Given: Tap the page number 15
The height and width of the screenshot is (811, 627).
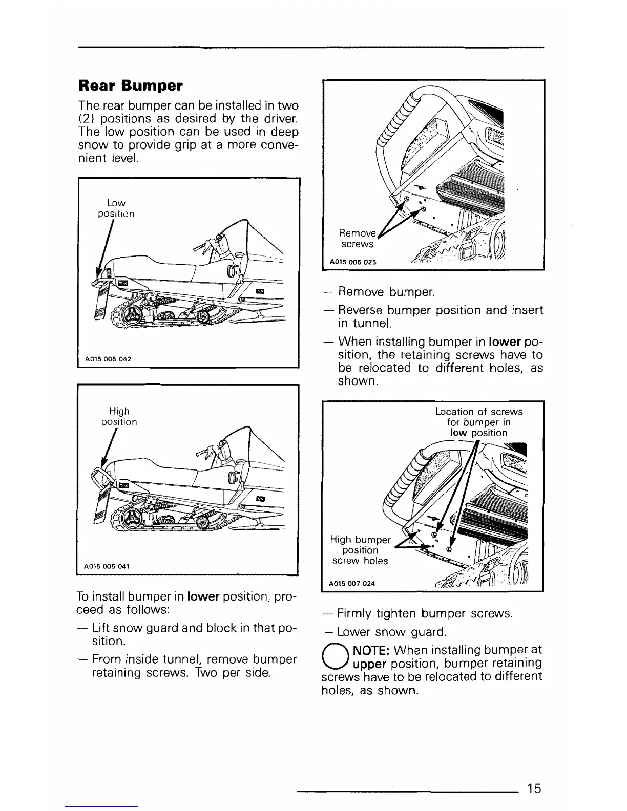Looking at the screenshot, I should coord(533,788).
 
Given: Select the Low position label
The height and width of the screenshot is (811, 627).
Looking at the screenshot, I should coord(116,208).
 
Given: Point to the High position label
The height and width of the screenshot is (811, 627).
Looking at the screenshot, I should coord(119,416).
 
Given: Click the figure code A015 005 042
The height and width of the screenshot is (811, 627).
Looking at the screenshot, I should coord(108,359).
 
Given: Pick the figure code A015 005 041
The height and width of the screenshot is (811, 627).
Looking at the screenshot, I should coord(107,566).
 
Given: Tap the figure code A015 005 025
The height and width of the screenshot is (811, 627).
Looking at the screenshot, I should coord(353,262).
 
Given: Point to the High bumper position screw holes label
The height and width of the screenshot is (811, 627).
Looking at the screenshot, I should coord(360,550).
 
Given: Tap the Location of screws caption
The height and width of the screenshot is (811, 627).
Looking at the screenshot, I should coord(478,422).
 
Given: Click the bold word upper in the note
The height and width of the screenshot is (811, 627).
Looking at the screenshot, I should coord(369,664).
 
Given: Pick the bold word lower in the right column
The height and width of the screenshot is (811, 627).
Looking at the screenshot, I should coord(505,341).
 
